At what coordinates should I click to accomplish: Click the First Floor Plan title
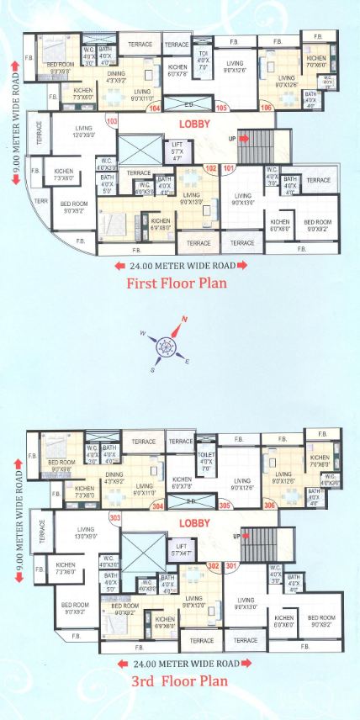(176, 283)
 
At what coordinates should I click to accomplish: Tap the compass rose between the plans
(169, 345)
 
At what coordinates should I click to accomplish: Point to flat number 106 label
(267, 108)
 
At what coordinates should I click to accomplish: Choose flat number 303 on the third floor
(115, 518)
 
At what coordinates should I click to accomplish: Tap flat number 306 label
(269, 506)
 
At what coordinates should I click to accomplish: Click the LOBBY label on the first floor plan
(193, 124)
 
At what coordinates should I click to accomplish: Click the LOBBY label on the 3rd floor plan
(193, 522)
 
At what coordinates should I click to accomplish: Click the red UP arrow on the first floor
(244, 138)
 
